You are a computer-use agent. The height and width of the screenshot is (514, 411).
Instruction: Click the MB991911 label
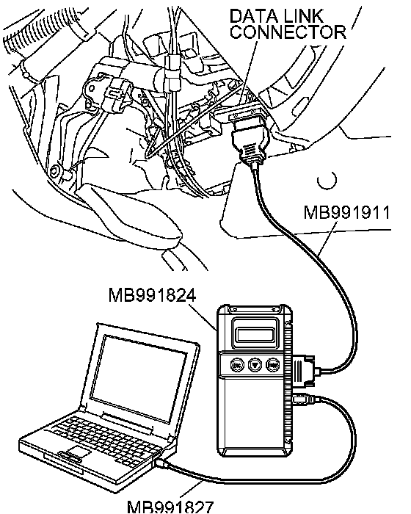347,212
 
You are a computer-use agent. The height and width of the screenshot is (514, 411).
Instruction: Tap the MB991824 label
153,295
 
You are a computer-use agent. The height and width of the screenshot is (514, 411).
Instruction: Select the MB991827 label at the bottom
170,507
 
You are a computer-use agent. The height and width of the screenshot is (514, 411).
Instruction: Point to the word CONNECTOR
288,32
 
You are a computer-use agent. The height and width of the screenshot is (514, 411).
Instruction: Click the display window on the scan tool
254,334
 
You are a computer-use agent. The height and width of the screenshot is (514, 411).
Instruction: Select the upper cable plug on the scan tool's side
303,369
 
